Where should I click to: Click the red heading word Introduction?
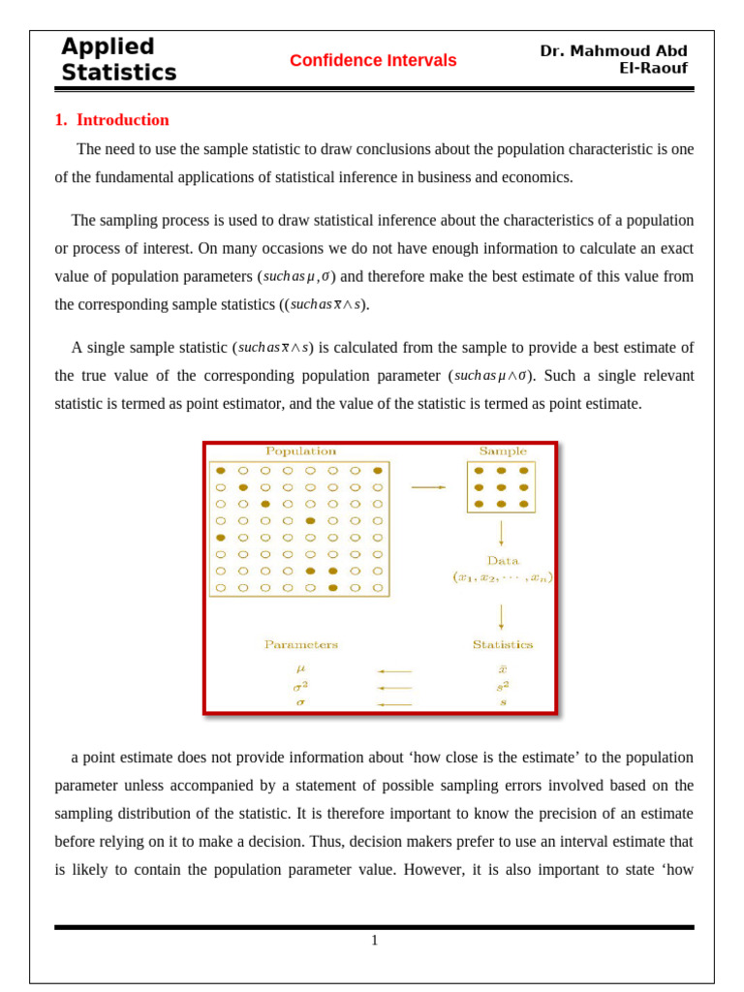(122, 120)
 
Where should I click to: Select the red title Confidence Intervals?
(373, 61)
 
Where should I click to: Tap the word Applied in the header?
(108, 46)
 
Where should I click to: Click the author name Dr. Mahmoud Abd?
(613, 51)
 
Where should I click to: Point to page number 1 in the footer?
(374, 940)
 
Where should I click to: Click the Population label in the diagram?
(300, 451)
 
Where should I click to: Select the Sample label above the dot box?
(503, 451)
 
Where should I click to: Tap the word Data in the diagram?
(502, 561)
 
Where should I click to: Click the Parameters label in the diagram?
(300, 644)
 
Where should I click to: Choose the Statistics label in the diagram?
(502, 644)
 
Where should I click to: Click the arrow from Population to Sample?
(427, 487)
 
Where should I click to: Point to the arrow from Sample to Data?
(501, 534)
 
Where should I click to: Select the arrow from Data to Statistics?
(501, 616)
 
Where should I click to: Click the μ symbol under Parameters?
(300, 668)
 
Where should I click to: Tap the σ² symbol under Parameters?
(300, 686)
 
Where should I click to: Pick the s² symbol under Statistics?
(502, 686)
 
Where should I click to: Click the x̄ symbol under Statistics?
(502, 668)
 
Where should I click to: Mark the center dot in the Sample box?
(501, 487)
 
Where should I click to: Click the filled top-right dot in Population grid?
(377, 471)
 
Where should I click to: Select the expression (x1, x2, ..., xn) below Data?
(502, 577)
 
